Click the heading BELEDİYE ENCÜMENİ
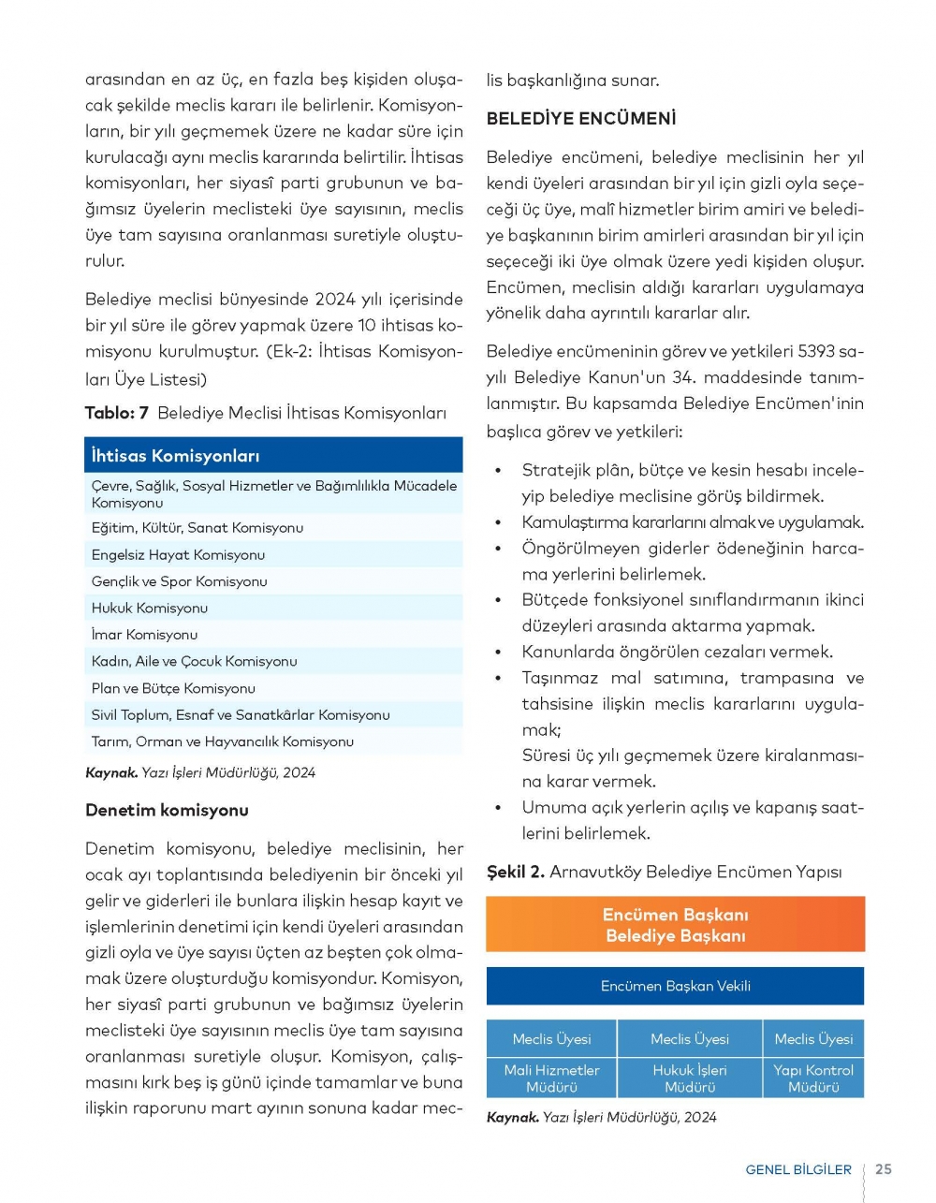(x=580, y=119)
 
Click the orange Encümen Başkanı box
(x=675, y=925)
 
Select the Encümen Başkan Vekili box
(x=675, y=986)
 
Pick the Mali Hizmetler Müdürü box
(x=551, y=1078)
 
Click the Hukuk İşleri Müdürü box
(x=690, y=1078)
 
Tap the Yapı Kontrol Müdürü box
(x=813, y=1078)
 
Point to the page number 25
(x=884, y=1169)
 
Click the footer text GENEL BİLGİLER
(x=798, y=1170)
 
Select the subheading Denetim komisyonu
(x=167, y=810)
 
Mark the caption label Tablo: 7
(x=117, y=413)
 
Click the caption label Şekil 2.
(x=515, y=872)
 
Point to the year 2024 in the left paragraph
(x=335, y=300)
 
